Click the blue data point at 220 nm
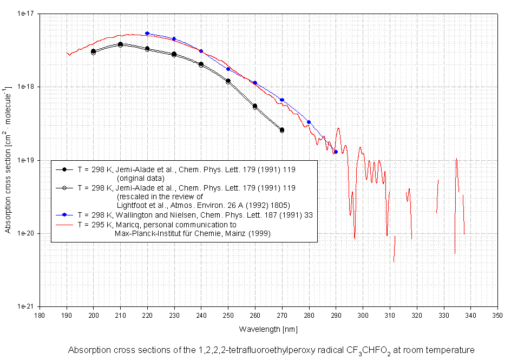(147, 33)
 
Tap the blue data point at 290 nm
(336, 152)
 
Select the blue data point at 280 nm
(309, 122)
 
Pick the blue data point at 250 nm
(228, 69)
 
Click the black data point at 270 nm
(282, 129)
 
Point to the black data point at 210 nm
(120, 44)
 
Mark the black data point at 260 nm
(255, 106)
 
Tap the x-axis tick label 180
(40, 315)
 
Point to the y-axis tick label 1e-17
(26, 14)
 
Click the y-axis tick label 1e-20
(26, 233)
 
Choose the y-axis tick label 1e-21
(26, 306)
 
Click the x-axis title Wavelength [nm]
(268, 329)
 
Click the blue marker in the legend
(64, 215)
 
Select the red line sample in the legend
(64, 224)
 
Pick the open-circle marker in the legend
(64, 187)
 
